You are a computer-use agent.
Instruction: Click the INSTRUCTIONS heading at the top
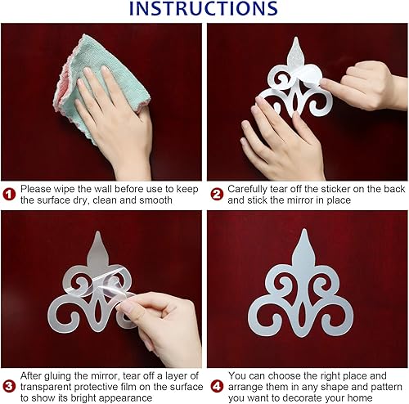tap(204, 9)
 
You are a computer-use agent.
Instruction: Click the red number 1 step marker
tap(9, 194)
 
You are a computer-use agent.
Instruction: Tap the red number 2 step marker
tap(216, 194)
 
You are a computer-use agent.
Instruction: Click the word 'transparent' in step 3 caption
tap(52, 388)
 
